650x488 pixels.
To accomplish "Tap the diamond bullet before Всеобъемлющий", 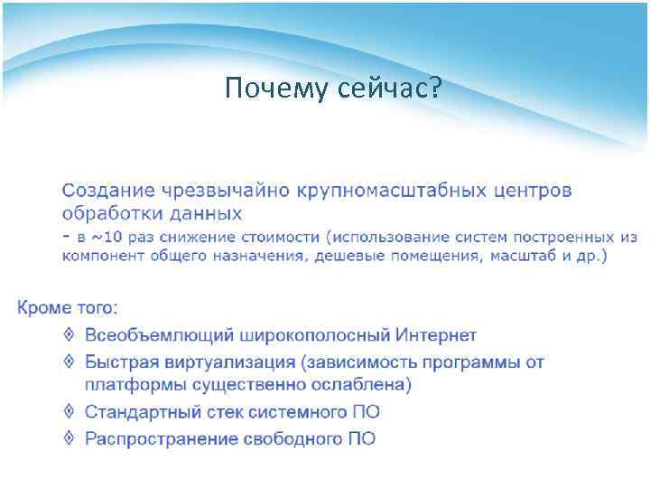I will (70, 335).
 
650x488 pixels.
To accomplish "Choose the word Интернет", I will (435, 335).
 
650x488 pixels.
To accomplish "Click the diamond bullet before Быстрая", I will (70, 362).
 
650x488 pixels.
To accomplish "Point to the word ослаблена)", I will (364, 386).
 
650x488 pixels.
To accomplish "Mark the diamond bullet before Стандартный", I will (70, 412).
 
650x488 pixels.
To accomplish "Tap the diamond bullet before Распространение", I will (70, 439).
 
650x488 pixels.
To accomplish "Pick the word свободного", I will (294, 439).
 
